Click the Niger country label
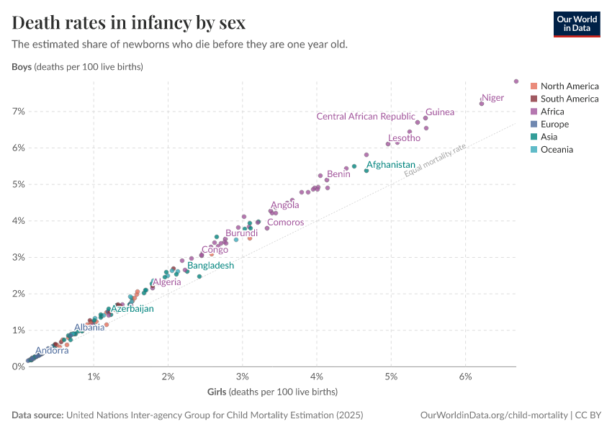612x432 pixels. point(493,98)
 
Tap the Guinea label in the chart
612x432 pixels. point(440,112)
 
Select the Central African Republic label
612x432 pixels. point(366,117)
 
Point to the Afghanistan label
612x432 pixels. point(391,165)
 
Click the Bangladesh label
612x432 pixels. point(211,266)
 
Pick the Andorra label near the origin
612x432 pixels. point(52,351)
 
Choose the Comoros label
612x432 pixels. point(286,222)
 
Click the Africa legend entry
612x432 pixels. point(552,112)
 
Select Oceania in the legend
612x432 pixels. point(557,150)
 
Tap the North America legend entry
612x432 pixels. point(569,86)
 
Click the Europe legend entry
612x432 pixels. point(554,125)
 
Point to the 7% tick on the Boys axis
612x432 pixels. point(18,112)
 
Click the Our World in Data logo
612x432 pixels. point(577,23)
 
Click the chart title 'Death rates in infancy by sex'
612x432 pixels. point(128,23)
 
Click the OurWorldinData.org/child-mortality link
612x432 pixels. point(494,415)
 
